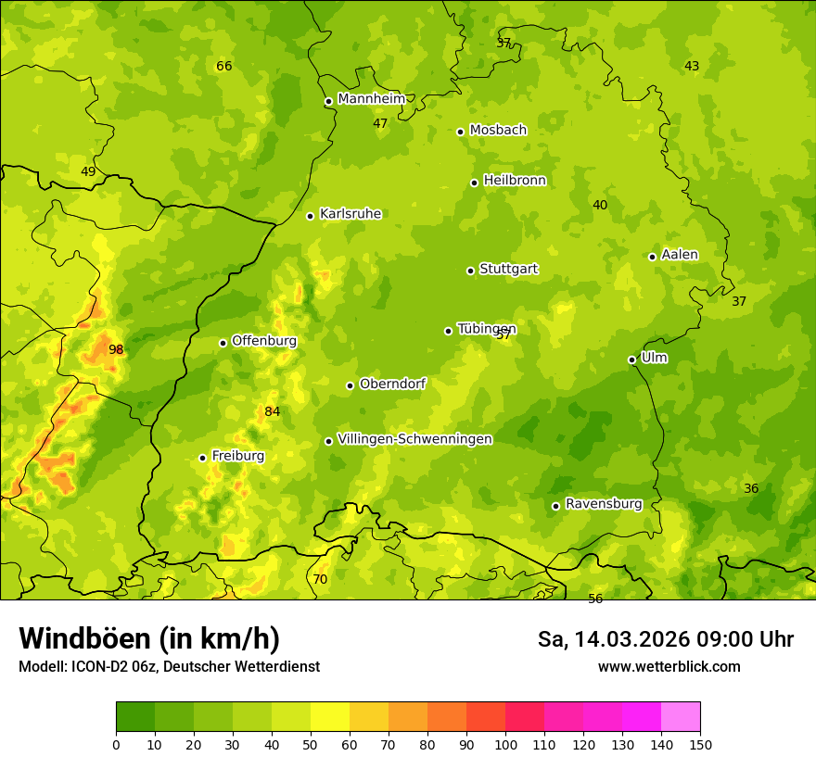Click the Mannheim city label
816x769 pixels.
(372, 99)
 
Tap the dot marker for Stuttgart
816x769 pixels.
(470, 271)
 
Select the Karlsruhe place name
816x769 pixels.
(351, 214)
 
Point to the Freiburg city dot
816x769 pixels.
(202, 458)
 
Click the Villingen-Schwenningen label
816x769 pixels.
(414, 439)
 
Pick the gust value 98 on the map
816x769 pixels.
(116, 349)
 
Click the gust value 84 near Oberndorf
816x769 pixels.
(272, 411)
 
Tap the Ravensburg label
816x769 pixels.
(604, 504)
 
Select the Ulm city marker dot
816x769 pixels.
(631, 359)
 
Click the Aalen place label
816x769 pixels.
(680, 255)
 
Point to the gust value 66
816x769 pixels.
(223, 66)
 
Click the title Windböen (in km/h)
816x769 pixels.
(149, 638)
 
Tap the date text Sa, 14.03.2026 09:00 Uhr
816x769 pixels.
(665, 639)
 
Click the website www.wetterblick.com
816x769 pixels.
(669, 667)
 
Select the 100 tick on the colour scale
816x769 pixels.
(505, 743)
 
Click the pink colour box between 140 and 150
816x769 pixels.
(681, 717)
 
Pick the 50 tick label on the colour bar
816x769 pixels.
(311, 743)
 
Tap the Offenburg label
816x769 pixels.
(264, 341)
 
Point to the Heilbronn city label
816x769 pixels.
(515, 181)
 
